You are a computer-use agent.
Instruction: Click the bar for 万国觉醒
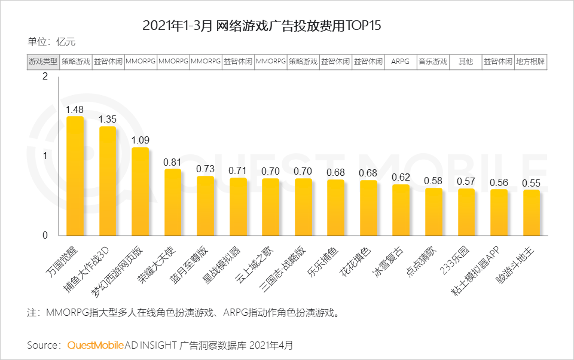click(x=75, y=176)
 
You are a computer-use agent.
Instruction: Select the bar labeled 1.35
click(x=108, y=181)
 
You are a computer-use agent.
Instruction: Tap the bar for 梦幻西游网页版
click(x=140, y=191)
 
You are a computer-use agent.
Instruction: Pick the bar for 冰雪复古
click(x=401, y=210)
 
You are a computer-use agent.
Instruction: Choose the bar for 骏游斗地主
click(x=531, y=212)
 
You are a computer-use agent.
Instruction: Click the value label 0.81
click(x=173, y=161)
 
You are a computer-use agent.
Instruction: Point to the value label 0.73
click(x=205, y=169)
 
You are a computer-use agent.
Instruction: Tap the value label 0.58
click(x=433, y=181)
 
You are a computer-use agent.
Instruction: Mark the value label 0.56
click(x=499, y=182)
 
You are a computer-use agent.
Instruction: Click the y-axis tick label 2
click(x=44, y=77)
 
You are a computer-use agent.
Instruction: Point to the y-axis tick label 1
click(x=44, y=156)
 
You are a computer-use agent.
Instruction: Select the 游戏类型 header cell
click(x=43, y=62)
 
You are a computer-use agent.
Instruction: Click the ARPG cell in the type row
click(x=400, y=62)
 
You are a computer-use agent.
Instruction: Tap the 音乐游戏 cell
click(x=433, y=62)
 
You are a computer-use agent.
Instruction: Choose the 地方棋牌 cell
click(x=530, y=62)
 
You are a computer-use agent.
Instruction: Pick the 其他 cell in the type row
click(x=465, y=62)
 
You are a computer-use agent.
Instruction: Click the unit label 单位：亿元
click(x=51, y=42)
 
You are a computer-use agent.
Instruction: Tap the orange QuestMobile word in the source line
click(x=96, y=346)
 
